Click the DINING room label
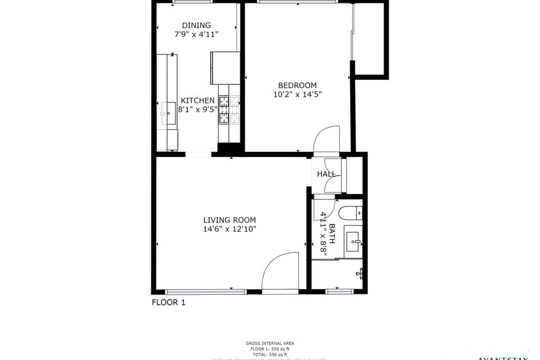pos(196,25)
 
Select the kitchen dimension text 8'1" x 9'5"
pos(197,110)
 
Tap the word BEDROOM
pos(297,85)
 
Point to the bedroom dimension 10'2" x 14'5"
pos(297,94)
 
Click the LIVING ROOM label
pos(229,220)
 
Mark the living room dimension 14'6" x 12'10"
pos(229,229)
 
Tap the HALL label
pos(326,174)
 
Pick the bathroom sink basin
pos(353,241)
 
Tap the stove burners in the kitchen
pos(229,109)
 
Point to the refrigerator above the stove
pos(225,67)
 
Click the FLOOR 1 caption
pos(168,303)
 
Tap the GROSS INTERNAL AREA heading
pos(269,343)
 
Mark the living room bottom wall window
pos(206,291)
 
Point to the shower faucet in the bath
pos(359,274)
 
